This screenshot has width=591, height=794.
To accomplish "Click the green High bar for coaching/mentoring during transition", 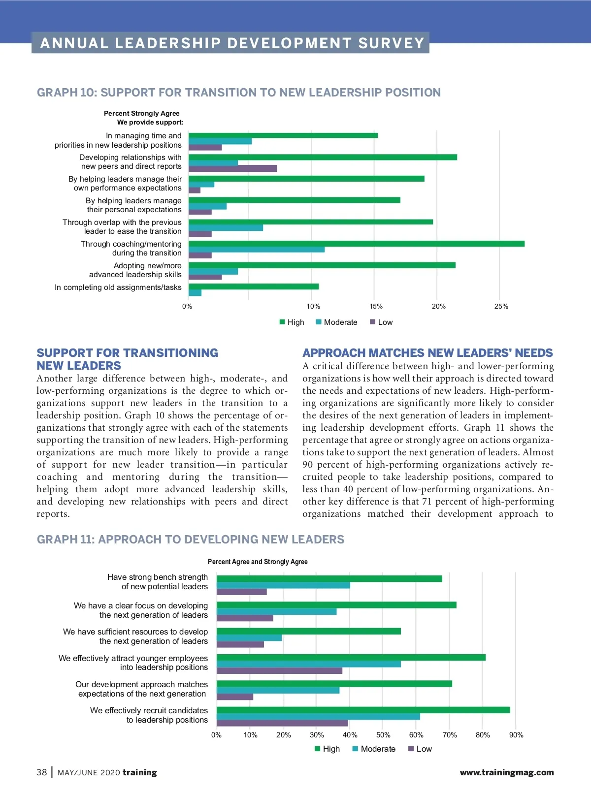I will click(x=357, y=244).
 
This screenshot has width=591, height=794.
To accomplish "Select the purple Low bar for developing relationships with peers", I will click(x=232, y=168).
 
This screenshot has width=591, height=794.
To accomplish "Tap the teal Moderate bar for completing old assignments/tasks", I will click(x=195, y=293).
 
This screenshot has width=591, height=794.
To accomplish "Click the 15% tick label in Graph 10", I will click(x=376, y=306).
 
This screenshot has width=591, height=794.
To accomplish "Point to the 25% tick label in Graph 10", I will click(x=501, y=306).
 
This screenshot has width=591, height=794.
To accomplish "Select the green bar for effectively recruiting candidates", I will click(x=363, y=710).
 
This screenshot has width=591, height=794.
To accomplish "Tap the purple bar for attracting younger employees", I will click(x=279, y=670).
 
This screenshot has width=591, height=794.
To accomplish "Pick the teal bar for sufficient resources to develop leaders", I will click(x=249, y=638).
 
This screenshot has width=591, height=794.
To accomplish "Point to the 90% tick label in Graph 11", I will click(x=516, y=735).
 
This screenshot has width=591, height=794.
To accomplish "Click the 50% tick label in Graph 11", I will click(x=383, y=735).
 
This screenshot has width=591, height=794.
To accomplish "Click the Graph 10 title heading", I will click(x=239, y=93).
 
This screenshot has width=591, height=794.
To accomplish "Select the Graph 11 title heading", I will click(x=191, y=540).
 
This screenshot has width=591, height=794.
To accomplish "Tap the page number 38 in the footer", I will click(x=42, y=772).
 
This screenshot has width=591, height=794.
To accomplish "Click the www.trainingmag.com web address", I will click(x=506, y=773).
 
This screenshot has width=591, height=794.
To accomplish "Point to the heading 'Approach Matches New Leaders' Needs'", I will click(x=427, y=353).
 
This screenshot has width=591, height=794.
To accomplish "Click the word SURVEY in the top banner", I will click(x=391, y=43).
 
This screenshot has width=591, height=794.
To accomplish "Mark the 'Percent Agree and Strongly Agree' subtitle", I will click(x=258, y=562).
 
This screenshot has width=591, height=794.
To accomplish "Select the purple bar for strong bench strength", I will click(x=241, y=592).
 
